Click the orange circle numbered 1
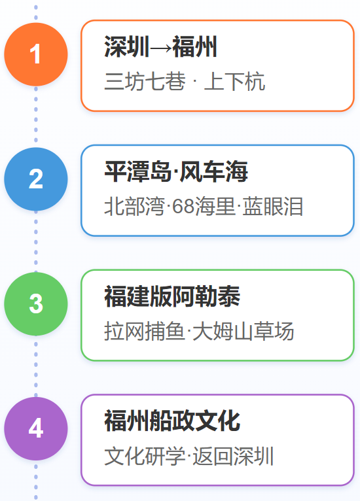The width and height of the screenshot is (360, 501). (36, 54)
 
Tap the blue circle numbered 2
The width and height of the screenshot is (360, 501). (36, 179)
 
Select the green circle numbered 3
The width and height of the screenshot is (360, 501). (36, 304)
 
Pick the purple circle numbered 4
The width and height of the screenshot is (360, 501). (36, 428)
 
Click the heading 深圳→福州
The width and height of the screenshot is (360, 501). (161, 46)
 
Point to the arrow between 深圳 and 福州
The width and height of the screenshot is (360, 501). (161, 48)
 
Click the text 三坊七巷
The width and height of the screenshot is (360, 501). (145, 81)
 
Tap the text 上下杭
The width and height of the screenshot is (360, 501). (234, 81)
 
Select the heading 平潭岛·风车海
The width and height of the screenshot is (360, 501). (176, 171)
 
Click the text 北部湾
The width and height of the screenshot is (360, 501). (135, 206)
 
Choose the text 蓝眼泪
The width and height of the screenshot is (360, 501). (272, 206)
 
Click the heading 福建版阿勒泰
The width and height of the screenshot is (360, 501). (172, 296)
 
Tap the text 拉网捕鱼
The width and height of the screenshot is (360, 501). (145, 331)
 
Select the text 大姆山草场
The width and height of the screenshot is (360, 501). (243, 331)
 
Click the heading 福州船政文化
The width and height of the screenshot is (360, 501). (172, 421)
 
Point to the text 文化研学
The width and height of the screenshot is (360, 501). (145, 456)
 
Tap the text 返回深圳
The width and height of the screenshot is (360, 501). (233, 456)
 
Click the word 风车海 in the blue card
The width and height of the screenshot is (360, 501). (214, 171)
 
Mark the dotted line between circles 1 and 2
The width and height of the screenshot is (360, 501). (36, 116)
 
